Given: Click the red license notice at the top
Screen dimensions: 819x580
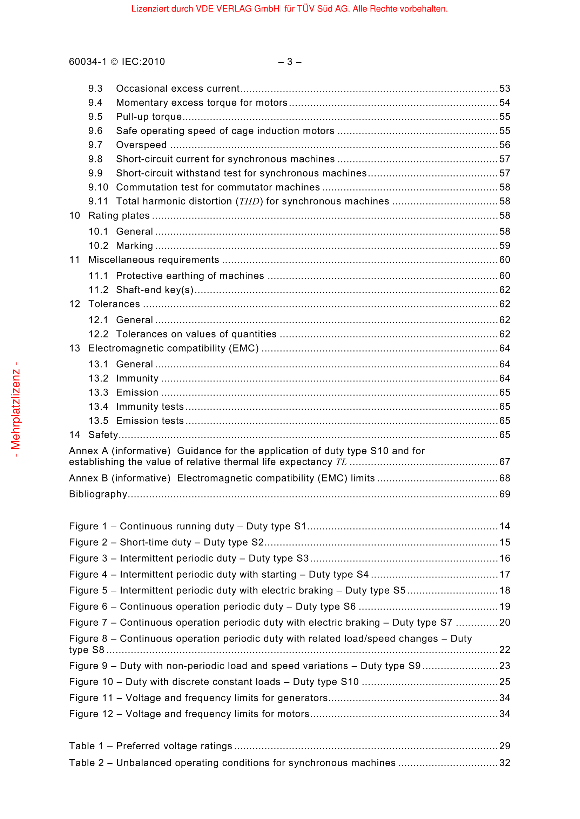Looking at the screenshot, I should [289, 9].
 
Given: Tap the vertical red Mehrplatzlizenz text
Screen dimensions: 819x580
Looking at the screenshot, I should [16, 409].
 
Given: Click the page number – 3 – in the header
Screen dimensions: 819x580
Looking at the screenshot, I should [290, 62].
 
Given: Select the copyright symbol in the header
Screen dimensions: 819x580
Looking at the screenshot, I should [114, 62].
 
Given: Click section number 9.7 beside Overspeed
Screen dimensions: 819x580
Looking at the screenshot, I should [95, 145].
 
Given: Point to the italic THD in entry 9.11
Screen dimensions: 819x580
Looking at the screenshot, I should [249, 202].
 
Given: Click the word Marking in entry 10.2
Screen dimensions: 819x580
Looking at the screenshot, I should [134, 246].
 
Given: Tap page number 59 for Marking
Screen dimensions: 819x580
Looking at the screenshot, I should [504, 246].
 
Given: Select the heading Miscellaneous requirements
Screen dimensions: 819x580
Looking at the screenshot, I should [154, 260].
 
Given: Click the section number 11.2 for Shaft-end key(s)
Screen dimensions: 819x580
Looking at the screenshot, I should [98, 290].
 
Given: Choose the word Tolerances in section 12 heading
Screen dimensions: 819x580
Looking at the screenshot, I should [114, 304].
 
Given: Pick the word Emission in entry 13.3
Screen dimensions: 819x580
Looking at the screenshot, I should [137, 393].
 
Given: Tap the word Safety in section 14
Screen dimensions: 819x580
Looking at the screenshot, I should [103, 435].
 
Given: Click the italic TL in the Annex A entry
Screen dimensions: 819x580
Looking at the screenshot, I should [341, 462].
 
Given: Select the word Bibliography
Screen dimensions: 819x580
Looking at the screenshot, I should [98, 494].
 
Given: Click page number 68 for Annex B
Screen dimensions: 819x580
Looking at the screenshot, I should [504, 478].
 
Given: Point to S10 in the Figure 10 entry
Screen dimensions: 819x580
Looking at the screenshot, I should [350, 682].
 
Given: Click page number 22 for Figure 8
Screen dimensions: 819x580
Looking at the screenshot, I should [504, 650].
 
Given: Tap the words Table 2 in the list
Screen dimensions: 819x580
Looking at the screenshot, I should [86, 763].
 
